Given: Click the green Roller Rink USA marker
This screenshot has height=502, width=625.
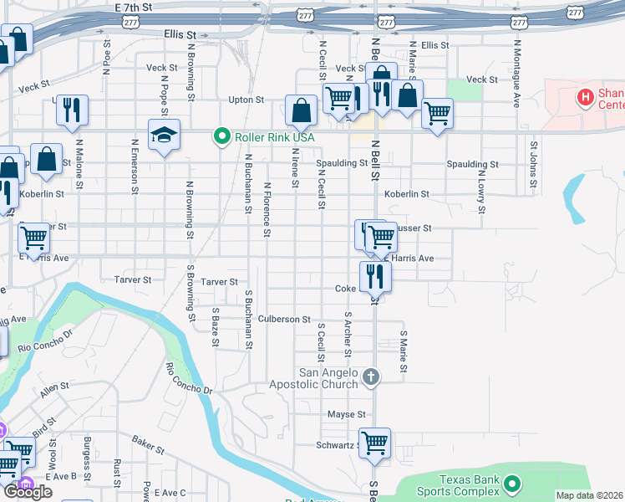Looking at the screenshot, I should click(x=221, y=136).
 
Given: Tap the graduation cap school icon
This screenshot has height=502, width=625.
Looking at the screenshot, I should click(x=164, y=135).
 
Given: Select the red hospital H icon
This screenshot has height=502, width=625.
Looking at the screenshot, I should click(x=586, y=98).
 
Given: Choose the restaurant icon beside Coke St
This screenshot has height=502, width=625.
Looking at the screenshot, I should click(x=375, y=275).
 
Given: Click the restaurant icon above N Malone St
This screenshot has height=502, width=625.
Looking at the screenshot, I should click(x=72, y=110).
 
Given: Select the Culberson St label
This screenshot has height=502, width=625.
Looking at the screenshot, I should click(x=284, y=320).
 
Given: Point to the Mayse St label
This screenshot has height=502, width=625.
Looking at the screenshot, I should click(x=347, y=414).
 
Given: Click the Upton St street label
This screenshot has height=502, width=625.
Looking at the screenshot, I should click(x=246, y=100).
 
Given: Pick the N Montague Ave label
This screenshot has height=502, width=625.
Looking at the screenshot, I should click(x=517, y=66).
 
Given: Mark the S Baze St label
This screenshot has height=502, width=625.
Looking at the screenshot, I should click(x=216, y=327).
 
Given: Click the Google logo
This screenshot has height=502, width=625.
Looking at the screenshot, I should click(x=28, y=492).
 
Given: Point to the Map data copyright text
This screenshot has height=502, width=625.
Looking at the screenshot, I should click(x=589, y=495).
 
